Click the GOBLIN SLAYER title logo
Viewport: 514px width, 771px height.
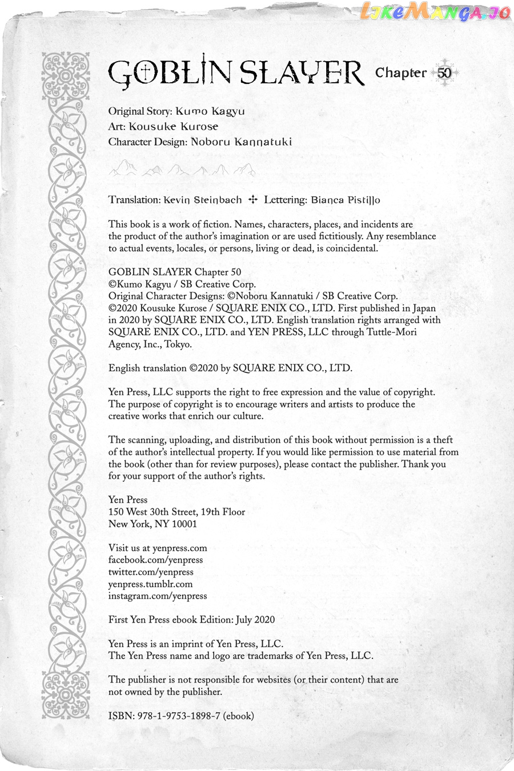click(x=235, y=73)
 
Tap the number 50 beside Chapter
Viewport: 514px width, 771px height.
click(x=444, y=73)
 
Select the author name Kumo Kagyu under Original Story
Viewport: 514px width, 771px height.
click(x=210, y=111)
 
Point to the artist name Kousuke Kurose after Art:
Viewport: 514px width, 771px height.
click(x=173, y=127)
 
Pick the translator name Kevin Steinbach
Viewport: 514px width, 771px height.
click(x=202, y=200)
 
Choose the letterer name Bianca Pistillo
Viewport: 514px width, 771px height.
click(x=346, y=200)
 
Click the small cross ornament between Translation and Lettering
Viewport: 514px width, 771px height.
click(x=253, y=200)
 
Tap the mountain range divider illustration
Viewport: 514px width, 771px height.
click(x=182, y=168)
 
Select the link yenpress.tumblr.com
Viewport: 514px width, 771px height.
click(x=150, y=584)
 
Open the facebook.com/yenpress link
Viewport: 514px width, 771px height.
click(x=155, y=560)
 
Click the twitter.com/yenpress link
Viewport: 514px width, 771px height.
click(x=151, y=572)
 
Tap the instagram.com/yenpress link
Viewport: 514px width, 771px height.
click(x=158, y=596)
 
